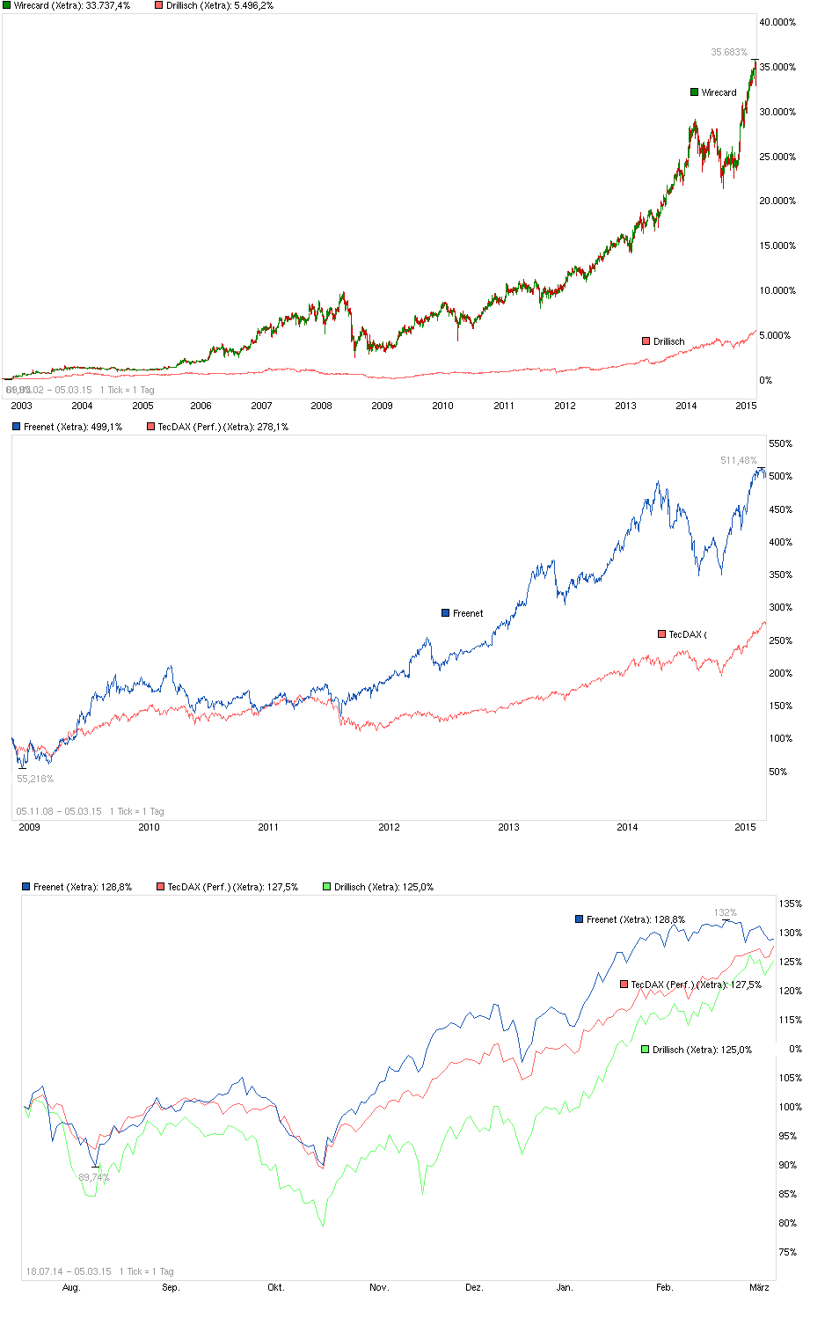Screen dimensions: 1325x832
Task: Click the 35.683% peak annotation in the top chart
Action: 728,52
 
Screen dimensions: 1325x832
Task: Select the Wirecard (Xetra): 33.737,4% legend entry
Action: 71,5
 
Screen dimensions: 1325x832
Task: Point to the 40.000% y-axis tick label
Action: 777,22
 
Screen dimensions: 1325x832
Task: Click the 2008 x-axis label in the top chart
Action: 321,406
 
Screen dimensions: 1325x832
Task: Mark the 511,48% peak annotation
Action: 738,460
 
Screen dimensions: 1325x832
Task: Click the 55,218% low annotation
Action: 35,779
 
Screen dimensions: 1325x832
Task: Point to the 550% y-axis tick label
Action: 780,443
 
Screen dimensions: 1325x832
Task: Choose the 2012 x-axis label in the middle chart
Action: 389,827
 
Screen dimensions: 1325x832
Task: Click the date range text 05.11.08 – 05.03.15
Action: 59,811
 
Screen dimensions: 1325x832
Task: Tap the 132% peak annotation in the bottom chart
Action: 725,912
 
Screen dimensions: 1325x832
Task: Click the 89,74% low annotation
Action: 93,1177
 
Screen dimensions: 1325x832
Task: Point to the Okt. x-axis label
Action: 276,1287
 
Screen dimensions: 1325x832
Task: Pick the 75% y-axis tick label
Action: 788,1252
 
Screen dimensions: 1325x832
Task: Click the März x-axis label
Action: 759,1287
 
